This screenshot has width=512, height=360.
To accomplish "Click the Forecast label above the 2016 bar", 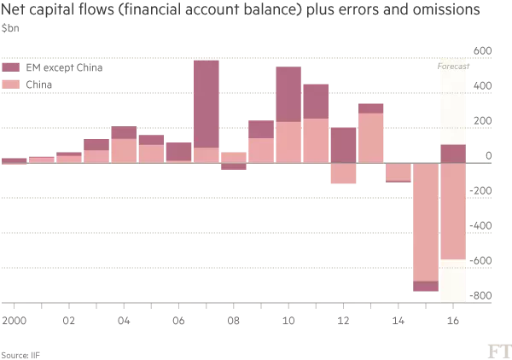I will click(452, 66).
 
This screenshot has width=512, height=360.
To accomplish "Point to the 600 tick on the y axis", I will click(481, 51).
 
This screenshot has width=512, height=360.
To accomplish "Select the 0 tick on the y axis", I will click(488, 155).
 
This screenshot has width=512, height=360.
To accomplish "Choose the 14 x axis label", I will click(398, 322).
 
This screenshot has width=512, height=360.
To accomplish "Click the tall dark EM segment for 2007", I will click(207, 103).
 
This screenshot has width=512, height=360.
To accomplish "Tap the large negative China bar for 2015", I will click(425, 222).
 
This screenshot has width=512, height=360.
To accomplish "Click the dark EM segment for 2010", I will click(288, 94).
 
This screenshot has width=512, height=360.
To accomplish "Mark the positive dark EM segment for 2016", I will click(452, 154).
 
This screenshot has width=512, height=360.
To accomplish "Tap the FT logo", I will click(499, 351).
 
